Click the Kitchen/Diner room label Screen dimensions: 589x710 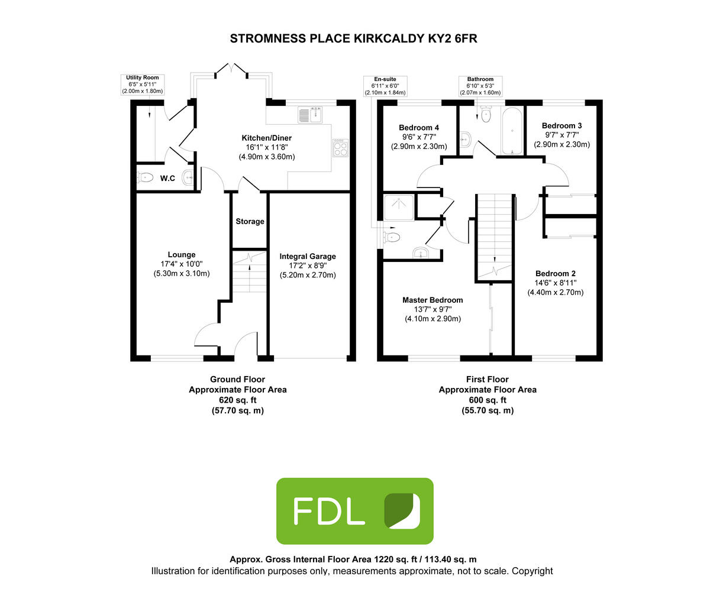click(266, 138)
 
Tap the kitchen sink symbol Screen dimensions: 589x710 click(310, 114)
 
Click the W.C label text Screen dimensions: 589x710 click(167, 178)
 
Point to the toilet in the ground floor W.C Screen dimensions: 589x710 click(146, 177)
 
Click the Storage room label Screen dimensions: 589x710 click(250, 222)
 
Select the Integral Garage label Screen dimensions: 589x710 click(308, 257)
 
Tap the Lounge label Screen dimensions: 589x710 click(181, 255)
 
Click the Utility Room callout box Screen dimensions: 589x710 click(142, 85)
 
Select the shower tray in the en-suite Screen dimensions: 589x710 click(399, 206)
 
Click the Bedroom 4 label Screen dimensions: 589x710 click(419, 128)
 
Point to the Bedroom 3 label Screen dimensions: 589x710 click(562, 126)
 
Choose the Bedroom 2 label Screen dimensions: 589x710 click(556, 274)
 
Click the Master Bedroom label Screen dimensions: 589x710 click(433, 300)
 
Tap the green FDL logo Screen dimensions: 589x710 click(355, 511)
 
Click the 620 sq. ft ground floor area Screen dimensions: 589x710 click(237, 400)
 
